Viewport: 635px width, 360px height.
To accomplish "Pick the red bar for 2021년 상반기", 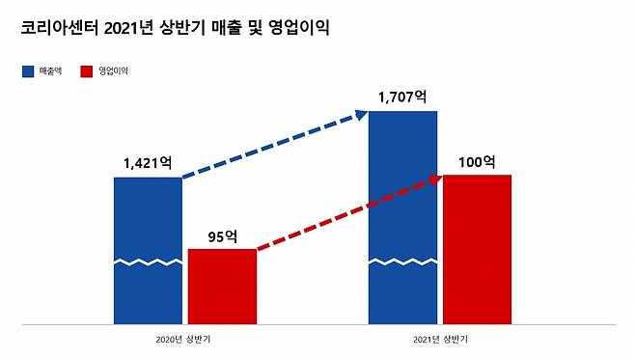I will click(x=477, y=248).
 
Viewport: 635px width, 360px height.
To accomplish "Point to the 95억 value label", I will click(x=223, y=235).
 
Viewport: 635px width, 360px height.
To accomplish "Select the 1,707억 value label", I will click(x=403, y=97).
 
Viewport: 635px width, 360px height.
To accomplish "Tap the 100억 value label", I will click(x=477, y=161).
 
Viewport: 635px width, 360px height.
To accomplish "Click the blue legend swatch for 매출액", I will click(x=27, y=71).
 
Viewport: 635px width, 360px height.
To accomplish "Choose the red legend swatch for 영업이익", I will click(x=87, y=71).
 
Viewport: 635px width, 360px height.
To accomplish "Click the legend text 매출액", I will click(x=50, y=71).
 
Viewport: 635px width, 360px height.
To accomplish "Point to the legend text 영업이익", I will click(x=114, y=71).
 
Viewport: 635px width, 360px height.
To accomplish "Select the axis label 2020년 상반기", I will click(x=184, y=340).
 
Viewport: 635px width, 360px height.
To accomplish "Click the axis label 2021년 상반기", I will click(x=440, y=340).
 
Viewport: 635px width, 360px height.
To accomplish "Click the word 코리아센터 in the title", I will click(x=54, y=28).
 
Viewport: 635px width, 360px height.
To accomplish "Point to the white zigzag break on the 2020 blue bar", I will click(x=148, y=262).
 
